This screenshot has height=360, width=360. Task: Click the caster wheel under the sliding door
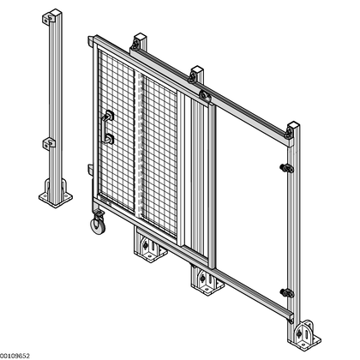98,225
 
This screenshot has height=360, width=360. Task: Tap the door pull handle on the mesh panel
107,127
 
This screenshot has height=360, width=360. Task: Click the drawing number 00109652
15,356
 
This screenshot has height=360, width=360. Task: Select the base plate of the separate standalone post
56,198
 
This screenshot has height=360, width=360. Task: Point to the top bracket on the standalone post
49,19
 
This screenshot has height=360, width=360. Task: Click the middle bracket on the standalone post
49,144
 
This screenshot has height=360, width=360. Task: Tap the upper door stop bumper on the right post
287,168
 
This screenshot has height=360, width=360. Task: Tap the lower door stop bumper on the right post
287,293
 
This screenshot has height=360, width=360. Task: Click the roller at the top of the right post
289,133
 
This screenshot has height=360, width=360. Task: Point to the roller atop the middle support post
193,77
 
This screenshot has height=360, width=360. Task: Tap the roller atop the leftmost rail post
135,45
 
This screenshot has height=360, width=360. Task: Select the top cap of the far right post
293,125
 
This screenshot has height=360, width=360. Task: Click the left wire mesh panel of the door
117,131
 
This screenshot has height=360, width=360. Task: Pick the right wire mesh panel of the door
159,155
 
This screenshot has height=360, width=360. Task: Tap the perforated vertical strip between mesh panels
138,143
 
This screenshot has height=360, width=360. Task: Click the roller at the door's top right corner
204,95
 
